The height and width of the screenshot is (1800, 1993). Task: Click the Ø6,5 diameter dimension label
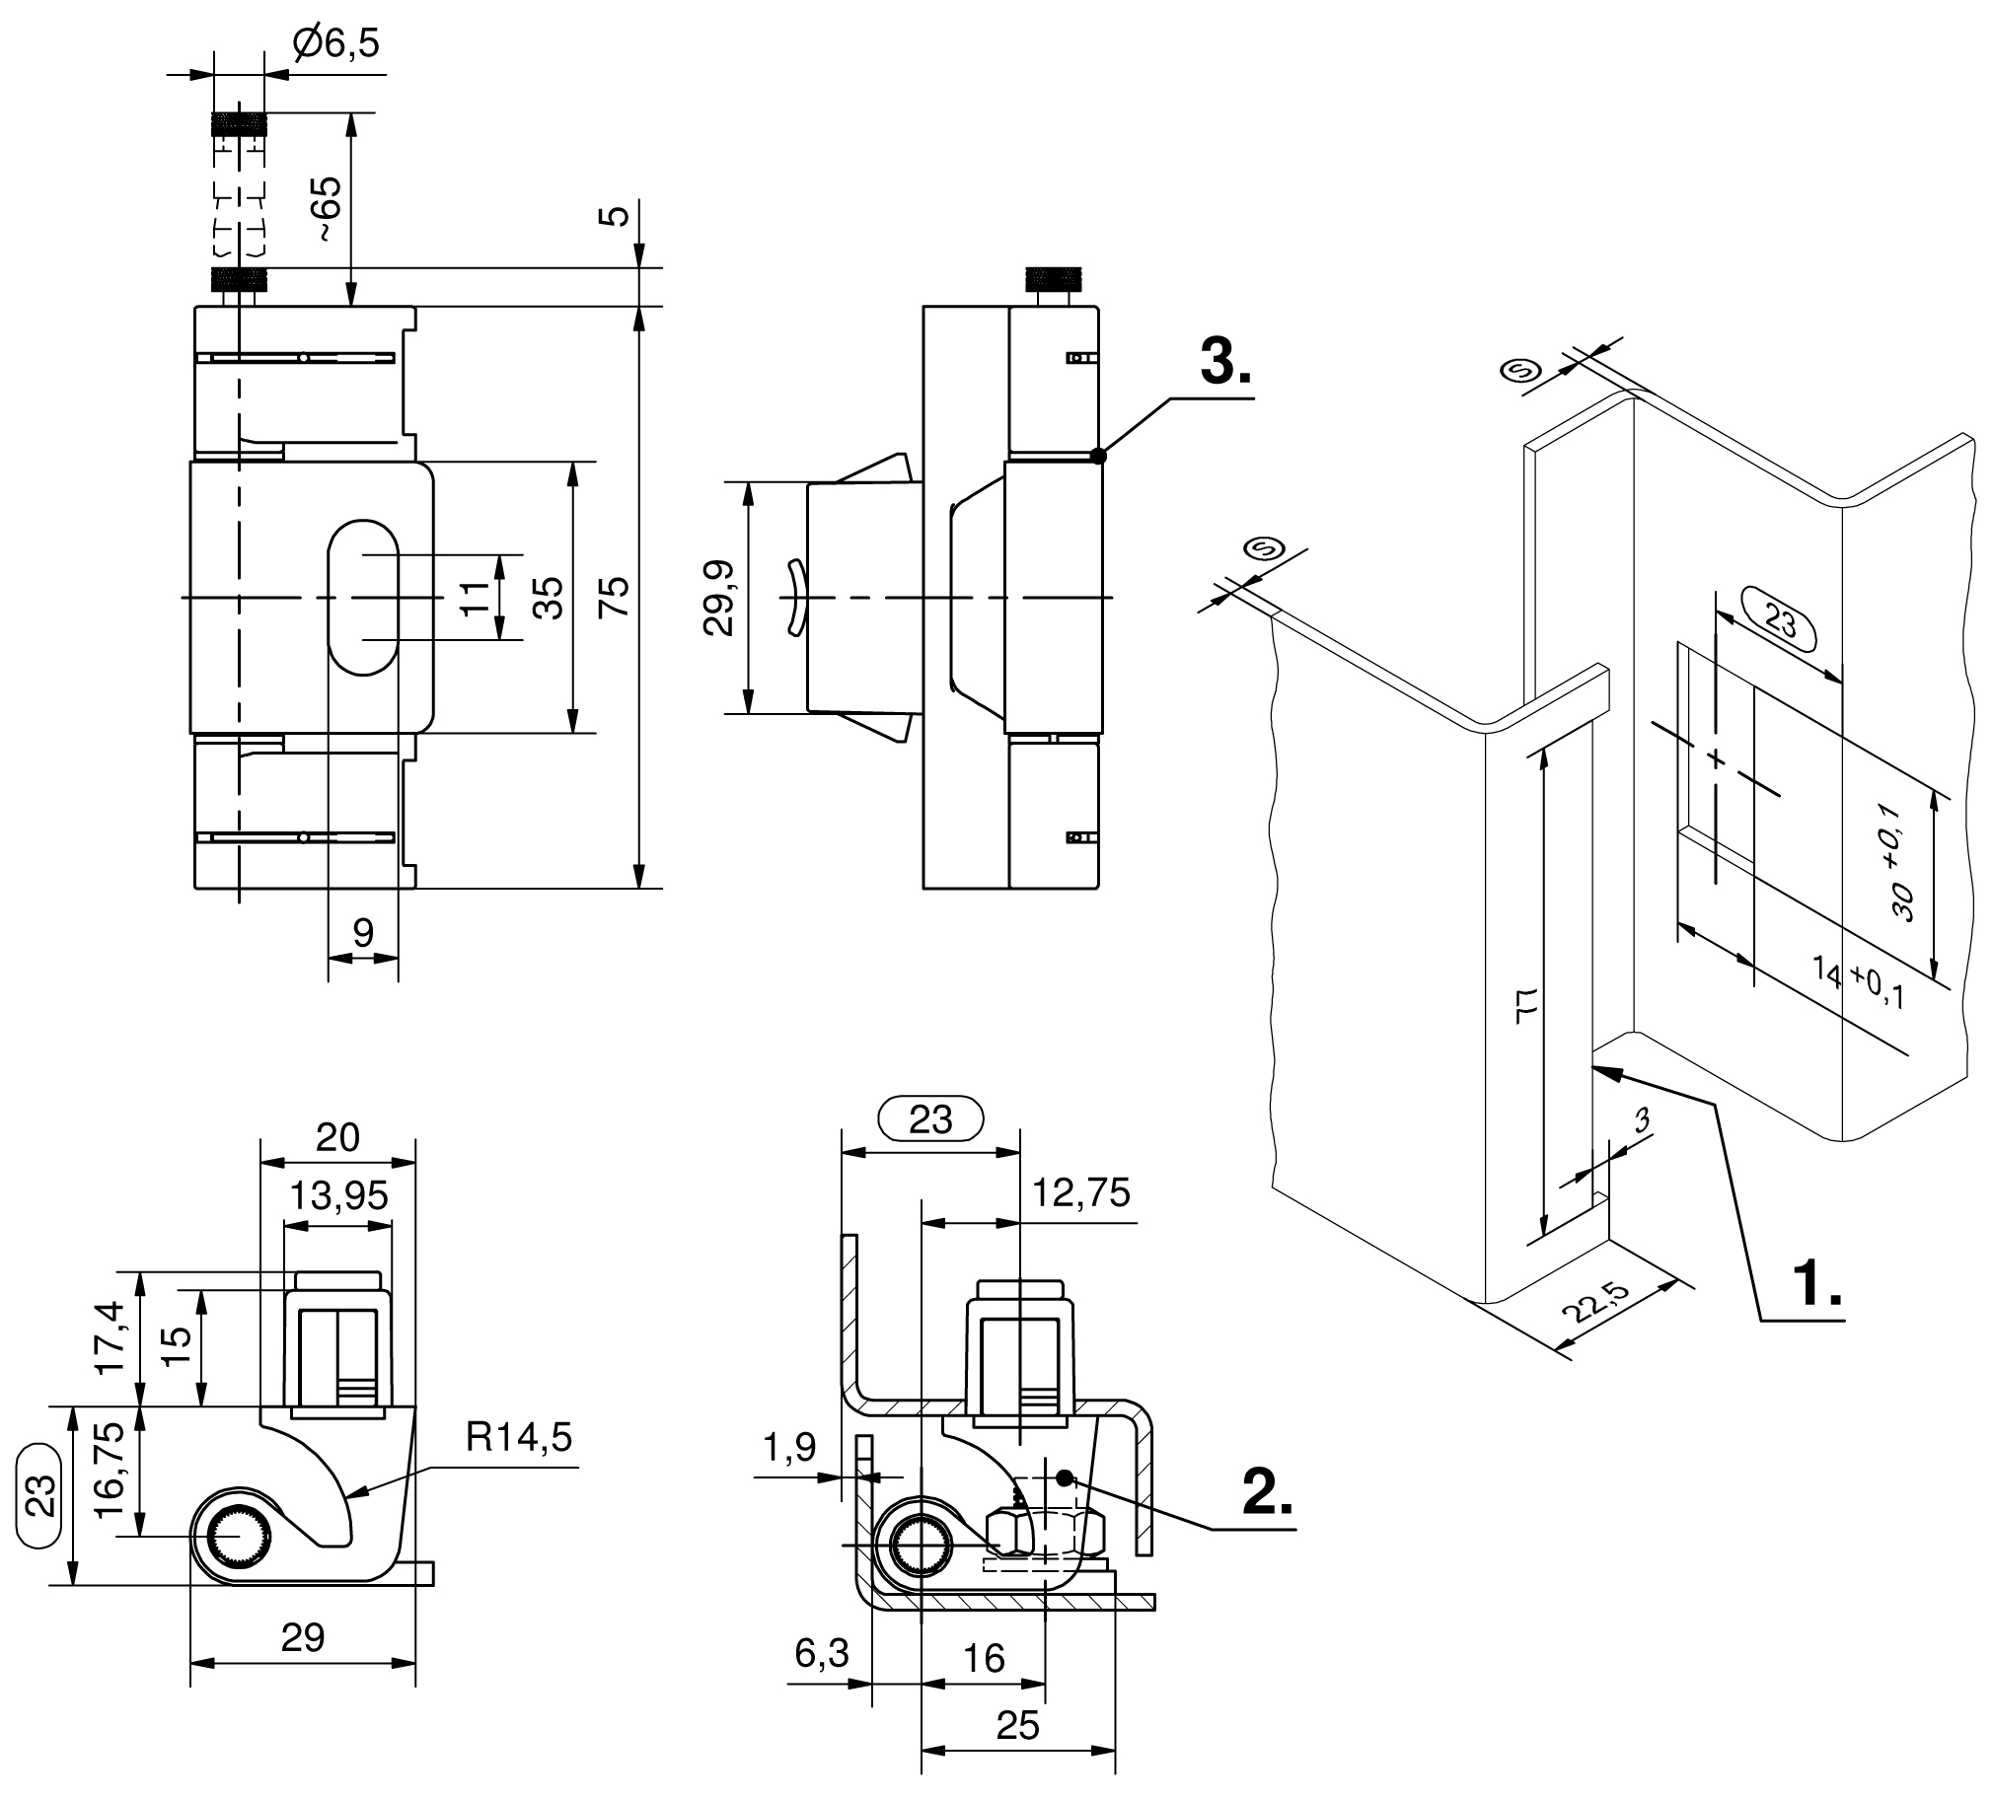(x=336, y=44)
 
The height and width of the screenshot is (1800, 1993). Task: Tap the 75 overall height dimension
(x=614, y=597)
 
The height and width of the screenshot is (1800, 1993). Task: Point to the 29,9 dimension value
(x=718, y=597)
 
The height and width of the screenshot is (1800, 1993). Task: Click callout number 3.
(x=1224, y=362)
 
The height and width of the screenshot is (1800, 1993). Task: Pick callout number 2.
(x=1267, y=1492)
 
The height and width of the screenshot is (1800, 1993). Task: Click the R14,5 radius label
(x=518, y=1437)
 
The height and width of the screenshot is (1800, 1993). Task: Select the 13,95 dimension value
(x=338, y=1196)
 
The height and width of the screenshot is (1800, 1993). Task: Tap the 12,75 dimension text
(x=1080, y=1193)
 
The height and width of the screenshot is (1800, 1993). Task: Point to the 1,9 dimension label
(x=789, y=1448)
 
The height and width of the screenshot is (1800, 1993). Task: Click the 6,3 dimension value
(x=821, y=1653)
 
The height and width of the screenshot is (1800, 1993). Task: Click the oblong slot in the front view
(x=363, y=597)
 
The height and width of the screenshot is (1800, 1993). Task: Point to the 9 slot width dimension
(x=363, y=932)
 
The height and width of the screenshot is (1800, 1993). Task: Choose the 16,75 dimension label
(x=110, y=1472)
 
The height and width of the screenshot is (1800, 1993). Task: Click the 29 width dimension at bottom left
(x=303, y=1638)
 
